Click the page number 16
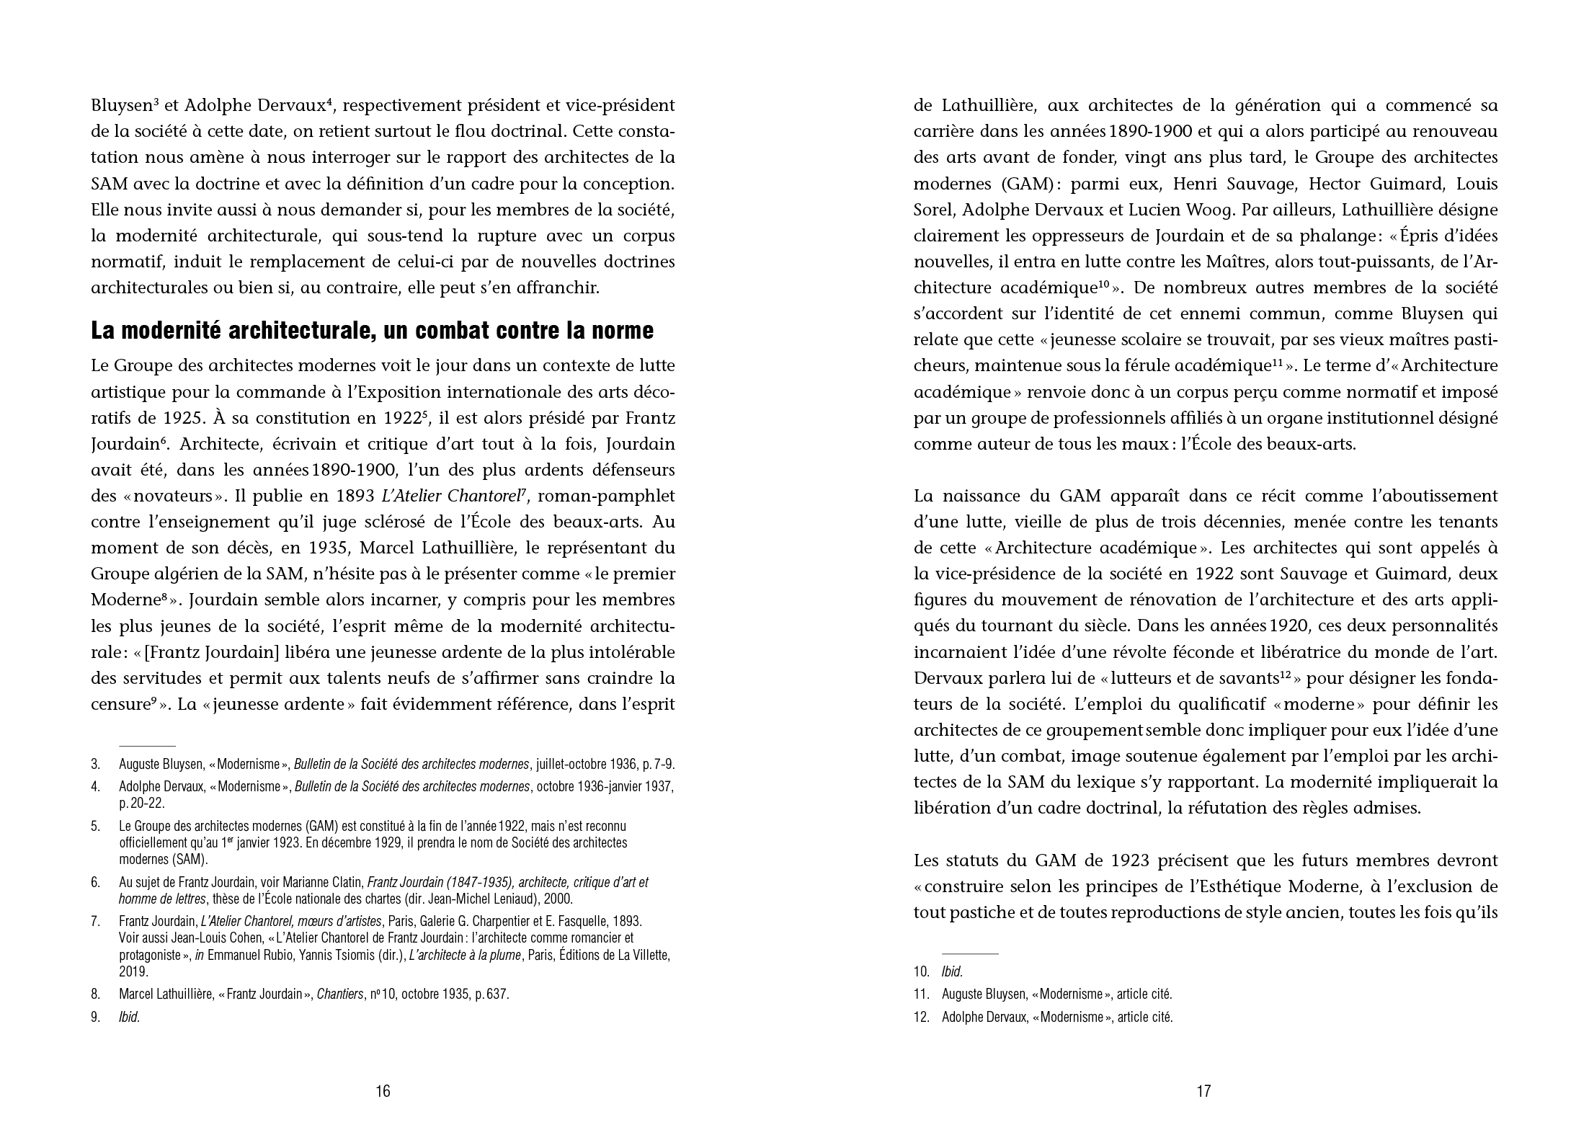383,1091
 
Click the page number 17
1203,1091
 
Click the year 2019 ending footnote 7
133,971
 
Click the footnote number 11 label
922,994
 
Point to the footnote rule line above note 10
969,953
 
